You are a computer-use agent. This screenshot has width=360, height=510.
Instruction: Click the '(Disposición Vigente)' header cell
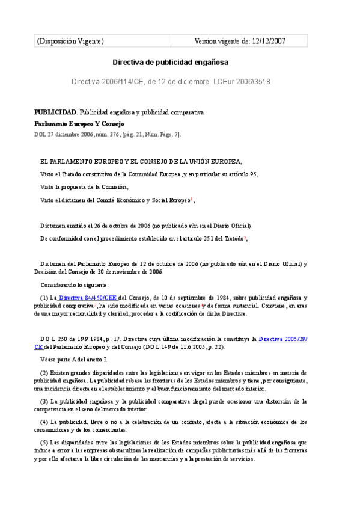tap(70, 41)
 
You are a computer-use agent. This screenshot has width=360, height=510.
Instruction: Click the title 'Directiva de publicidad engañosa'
tap(171, 62)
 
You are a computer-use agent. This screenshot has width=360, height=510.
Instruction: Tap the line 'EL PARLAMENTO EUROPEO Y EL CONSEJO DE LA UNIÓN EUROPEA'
tap(141, 161)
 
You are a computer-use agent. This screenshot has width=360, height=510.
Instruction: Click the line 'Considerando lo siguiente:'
tap(75, 284)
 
